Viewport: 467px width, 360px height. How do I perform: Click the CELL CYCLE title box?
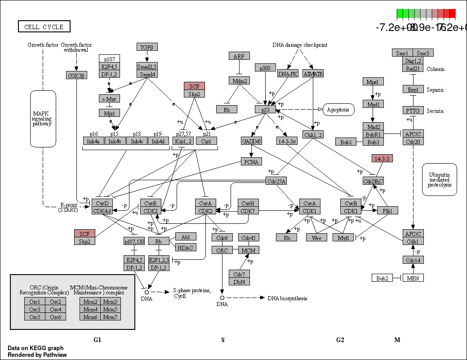(44, 27)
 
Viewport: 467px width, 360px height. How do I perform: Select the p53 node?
(265, 109)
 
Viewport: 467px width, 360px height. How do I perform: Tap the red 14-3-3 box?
(382, 158)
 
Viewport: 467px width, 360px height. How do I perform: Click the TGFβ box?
(147, 47)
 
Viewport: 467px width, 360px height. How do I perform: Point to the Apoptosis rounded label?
(338, 110)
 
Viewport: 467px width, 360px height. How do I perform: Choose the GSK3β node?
(76, 76)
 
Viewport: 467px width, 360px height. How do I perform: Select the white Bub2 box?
(382, 278)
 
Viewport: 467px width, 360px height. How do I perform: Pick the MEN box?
(413, 278)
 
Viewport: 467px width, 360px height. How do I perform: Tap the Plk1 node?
(387, 211)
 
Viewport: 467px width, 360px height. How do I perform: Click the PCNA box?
(252, 162)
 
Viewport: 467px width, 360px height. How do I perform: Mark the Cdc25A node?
(276, 181)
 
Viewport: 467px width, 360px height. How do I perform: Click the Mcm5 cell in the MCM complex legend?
(110, 309)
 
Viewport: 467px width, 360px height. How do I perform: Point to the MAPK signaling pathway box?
(43, 118)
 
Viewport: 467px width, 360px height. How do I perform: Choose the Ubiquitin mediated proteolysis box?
(439, 179)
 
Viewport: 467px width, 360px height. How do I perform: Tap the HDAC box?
(186, 247)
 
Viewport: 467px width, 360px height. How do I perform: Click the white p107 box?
(109, 59)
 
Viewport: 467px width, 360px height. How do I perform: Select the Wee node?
(316, 238)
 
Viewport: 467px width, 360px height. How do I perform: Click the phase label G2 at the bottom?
(340, 340)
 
